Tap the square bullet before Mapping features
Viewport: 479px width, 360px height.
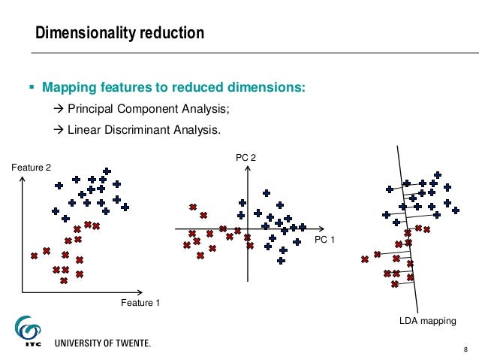pos(32,89)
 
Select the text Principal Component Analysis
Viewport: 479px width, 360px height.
pos(148,109)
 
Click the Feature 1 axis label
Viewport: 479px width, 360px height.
pos(140,303)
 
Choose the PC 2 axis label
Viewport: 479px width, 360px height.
pos(247,158)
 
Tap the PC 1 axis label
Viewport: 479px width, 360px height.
pos(324,240)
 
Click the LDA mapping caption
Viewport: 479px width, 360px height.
pos(427,321)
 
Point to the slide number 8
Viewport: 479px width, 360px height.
pos(465,348)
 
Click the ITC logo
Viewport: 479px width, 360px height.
pos(29,331)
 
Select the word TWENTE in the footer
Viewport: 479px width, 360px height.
pos(129,343)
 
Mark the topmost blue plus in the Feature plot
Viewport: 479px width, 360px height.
pos(107,171)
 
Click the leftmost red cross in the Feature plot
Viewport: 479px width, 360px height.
pos(34,256)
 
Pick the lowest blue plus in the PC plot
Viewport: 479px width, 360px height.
pos(281,261)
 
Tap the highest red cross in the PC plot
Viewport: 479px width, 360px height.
pos(193,207)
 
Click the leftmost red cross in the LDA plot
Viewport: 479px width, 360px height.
pos(364,259)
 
